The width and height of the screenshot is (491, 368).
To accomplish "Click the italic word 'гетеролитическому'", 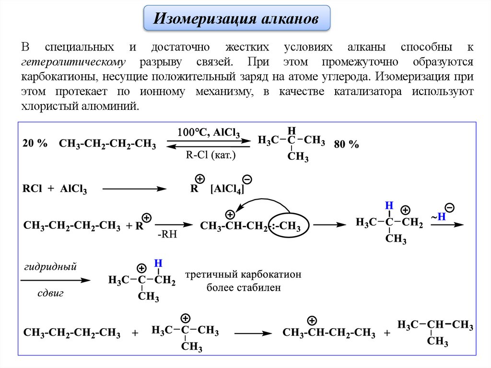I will coord(73,62).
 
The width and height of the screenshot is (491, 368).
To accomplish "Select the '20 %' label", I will coord(35,143).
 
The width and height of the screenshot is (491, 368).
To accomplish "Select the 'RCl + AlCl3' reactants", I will coord(54,189).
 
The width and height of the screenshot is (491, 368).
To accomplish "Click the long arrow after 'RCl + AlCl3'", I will coord(135,189).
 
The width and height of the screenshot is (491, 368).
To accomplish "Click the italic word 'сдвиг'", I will coord(50,293).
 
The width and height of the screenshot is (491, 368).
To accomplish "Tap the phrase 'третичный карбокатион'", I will coord(243,275).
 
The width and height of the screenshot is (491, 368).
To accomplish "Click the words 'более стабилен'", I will coord(243,288).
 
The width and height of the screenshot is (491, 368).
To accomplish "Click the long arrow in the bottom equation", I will coord(253,332).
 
